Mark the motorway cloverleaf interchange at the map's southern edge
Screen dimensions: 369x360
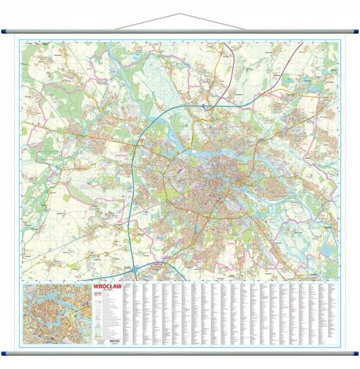click(134, 269)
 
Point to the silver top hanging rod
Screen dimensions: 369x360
click(180, 30)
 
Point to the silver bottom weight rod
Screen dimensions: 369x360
click(180, 353)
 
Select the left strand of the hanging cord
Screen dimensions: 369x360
click(147, 22)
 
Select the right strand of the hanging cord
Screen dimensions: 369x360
click(213, 22)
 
